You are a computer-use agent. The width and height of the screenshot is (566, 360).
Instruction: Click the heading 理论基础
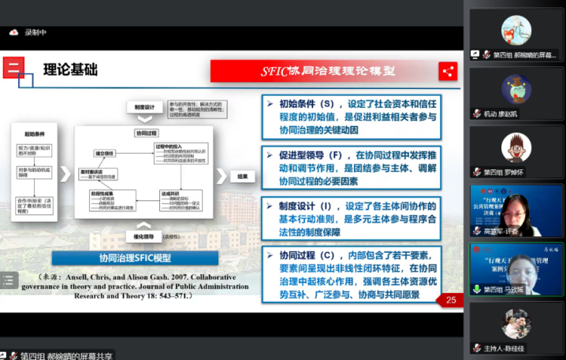[x=69, y=70]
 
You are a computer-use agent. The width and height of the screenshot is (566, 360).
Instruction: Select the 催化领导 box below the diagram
[x=142, y=236]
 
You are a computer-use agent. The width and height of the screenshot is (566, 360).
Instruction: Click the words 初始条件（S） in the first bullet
[x=307, y=104]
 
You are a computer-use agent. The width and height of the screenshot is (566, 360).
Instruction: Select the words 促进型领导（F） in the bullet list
[x=311, y=156]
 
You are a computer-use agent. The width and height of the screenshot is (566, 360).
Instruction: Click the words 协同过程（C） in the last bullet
[x=307, y=256]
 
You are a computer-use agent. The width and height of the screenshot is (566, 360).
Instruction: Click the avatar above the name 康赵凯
[x=516, y=89]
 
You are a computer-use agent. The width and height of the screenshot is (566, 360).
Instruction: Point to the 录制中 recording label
[x=36, y=32]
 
